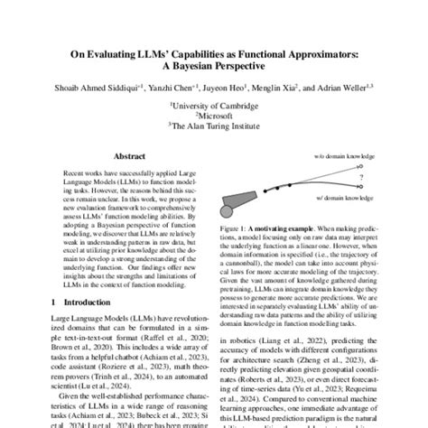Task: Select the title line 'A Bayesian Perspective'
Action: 214,67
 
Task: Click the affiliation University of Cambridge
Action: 215,106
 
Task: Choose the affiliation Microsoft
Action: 215,116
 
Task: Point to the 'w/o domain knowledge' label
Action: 347,155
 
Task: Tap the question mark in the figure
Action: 359,178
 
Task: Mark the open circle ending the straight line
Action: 361,165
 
